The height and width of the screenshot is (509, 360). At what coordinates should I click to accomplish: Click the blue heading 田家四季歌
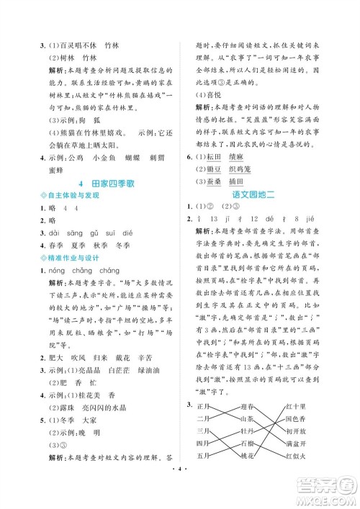[102, 184]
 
